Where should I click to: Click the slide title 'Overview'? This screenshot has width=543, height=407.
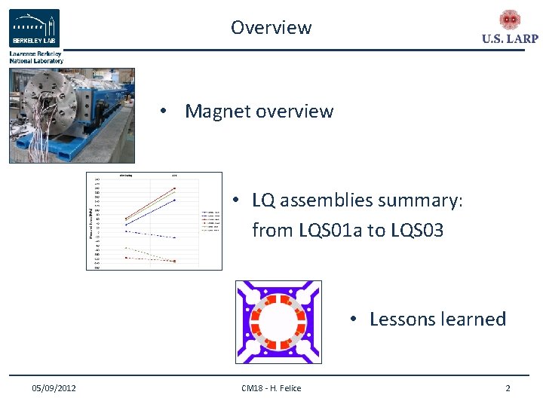[271, 28]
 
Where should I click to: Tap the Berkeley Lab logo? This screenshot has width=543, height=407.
[34, 29]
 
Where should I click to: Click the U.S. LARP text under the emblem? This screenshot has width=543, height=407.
[510, 39]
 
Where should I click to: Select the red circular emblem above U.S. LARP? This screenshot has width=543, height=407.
[510, 20]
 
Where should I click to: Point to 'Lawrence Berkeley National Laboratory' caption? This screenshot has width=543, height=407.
[36, 57]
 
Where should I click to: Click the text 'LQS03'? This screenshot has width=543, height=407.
[418, 230]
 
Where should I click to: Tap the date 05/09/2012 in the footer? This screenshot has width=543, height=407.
[54, 388]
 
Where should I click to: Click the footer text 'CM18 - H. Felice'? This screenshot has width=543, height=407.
[271, 388]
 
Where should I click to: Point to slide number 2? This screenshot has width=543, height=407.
[508, 388]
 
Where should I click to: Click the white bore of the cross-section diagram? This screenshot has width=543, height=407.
[278, 323]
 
